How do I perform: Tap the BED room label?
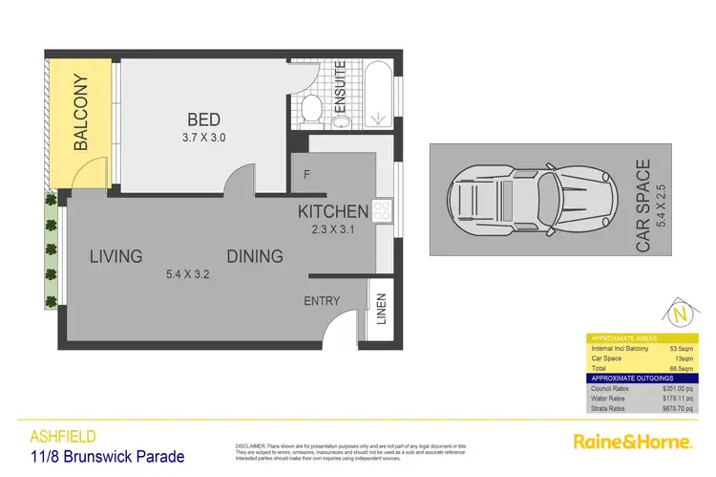click(x=204, y=119)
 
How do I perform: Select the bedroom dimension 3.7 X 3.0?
click(x=204, y=137)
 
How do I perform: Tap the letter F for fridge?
click(x=305, y=175)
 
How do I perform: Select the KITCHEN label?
click(x=332, y=211)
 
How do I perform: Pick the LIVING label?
click(x=116, y=256)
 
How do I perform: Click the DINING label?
click(x=255, y=256)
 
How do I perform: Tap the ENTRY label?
click(x=322, y=301)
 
